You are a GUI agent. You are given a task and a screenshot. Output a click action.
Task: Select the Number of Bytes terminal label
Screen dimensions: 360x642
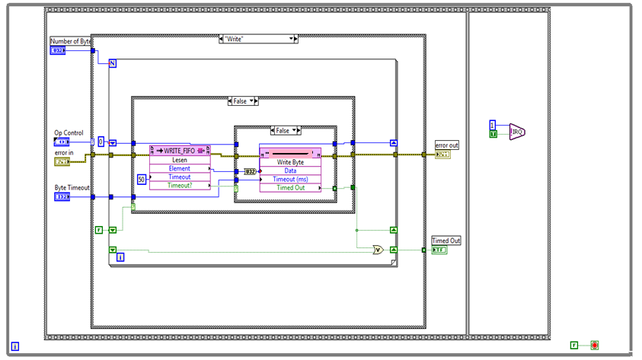(71, 40)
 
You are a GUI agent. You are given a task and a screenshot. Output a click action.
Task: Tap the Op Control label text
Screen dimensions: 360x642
(69, 132)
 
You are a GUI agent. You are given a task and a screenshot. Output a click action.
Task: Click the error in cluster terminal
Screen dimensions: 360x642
(62, 161)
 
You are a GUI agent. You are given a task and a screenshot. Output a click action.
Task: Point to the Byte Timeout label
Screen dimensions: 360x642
(72, 187)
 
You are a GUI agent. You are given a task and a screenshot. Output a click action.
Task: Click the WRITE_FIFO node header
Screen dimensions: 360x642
(180, 150)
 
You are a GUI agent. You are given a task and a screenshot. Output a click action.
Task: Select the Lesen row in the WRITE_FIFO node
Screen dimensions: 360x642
(180, 160)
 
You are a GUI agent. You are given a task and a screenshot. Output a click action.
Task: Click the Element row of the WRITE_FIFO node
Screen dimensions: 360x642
(180, 168)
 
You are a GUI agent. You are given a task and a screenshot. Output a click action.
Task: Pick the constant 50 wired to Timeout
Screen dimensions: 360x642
(141, 179)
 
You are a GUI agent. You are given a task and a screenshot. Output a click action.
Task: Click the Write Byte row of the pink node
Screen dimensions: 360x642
(290, 161)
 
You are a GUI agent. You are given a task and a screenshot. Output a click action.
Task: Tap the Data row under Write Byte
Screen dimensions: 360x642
(290, 170)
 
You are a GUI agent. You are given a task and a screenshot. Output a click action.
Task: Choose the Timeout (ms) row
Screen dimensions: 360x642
(290, 179)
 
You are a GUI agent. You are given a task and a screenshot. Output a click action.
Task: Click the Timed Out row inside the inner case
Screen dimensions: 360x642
(290, 187)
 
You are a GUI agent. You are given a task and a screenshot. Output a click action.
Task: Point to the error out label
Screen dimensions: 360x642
(447, 145)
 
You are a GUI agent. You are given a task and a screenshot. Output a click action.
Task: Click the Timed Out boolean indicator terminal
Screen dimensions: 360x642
(441, 250)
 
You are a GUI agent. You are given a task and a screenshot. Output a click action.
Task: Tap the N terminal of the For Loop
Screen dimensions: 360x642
(112, 63)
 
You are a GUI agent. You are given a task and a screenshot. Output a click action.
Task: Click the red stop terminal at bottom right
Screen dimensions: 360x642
(594, 345)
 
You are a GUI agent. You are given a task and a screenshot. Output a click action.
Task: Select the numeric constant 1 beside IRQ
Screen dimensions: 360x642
(493, 124)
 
